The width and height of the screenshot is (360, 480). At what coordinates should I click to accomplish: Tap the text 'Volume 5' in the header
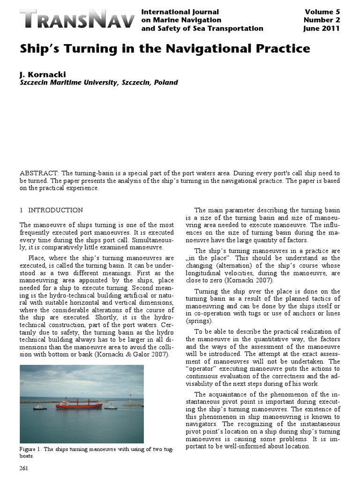tap(322, 12)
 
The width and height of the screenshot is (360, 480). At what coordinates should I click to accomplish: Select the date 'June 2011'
tap(322, 29)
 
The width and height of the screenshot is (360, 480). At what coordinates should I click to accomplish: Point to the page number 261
tap(24, 468)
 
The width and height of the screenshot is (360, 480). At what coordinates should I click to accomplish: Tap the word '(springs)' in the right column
tap(199, 321)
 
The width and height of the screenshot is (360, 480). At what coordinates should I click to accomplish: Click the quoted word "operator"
tap(203, 369)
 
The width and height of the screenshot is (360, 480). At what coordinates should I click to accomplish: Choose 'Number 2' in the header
tap(322, 20)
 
